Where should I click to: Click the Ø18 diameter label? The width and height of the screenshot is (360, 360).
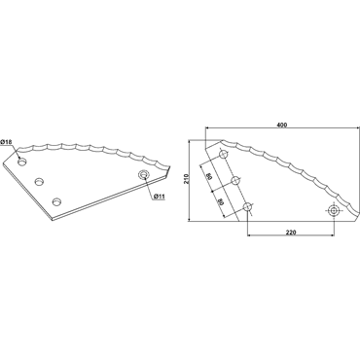click(6, 142)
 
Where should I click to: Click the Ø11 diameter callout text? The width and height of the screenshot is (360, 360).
click(160, 197)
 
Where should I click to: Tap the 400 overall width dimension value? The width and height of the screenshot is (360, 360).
click(282, 125)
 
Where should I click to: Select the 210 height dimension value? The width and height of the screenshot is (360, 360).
click(186, 180)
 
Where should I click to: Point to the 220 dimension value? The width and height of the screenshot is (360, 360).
click(291, 233)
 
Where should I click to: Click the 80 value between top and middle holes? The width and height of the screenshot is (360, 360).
click(210, 176)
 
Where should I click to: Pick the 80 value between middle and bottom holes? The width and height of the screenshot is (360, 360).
click(222, 201)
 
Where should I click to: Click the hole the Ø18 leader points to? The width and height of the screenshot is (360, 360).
click(22, 162)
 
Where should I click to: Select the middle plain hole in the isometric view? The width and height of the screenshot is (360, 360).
click(40, 181)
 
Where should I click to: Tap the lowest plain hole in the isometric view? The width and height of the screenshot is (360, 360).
click(57, 201)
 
